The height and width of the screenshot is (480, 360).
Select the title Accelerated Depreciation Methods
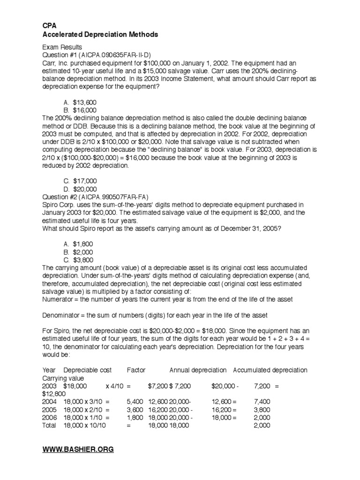tap(100, 35)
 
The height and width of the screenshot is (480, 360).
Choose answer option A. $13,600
tap(80, 103)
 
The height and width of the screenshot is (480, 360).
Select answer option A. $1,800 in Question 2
tap(79, 245)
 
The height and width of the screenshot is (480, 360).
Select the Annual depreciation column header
tap(198, 370)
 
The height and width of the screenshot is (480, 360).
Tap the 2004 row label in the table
tap(49, 401)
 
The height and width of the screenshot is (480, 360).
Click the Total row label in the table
tap(49, 425)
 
